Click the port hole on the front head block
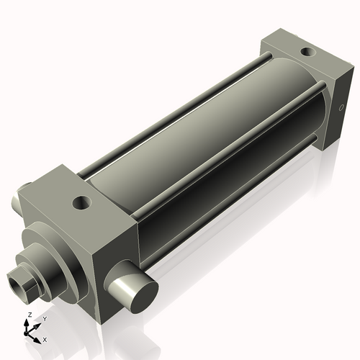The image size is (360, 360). [x=83, y=202]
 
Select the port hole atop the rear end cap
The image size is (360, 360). [x=307, y=52]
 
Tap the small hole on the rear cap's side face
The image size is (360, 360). [x=341, y=109]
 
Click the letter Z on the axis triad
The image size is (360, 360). [x=30, y=315]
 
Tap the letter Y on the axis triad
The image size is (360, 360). [x=44, y=318]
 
